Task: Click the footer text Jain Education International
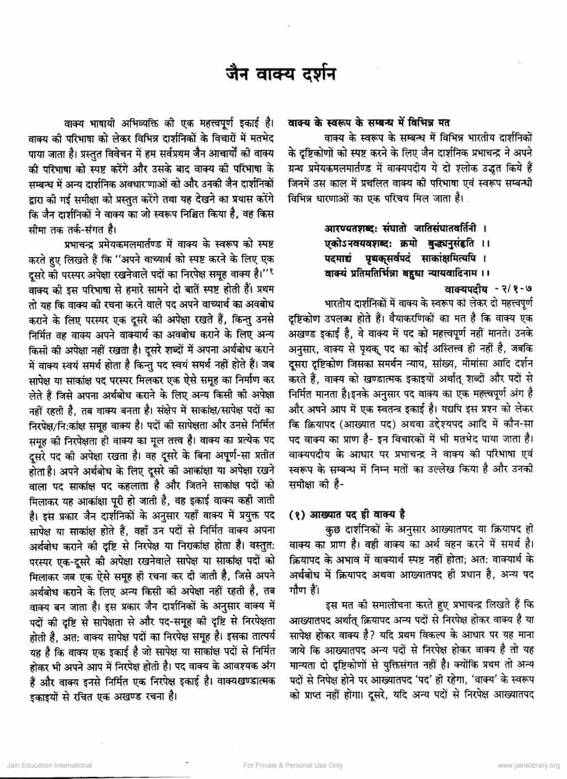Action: tap(49, 765)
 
